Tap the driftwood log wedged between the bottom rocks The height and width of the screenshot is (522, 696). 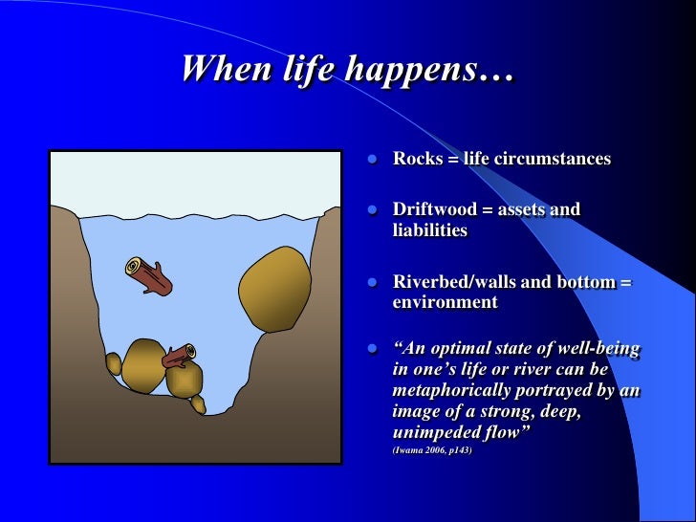coord(178,357)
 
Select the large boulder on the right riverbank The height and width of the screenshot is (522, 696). coord(273,288)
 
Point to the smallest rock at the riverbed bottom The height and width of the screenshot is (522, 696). coord(198,403)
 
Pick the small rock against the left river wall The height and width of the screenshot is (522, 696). coord(114,364)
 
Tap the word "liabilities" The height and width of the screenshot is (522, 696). coord(429,230)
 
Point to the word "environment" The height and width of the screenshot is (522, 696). coord(445,302)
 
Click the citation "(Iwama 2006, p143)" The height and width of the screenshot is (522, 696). coord(432,449)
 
